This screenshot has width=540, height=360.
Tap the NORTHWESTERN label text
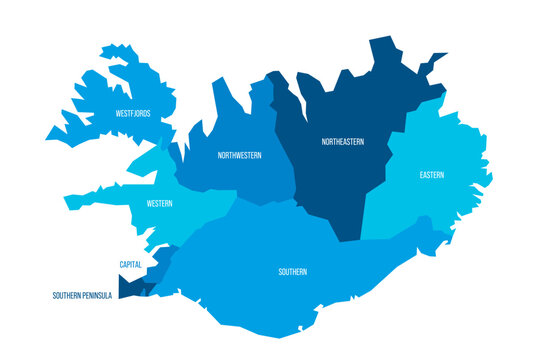[x=241, y=156]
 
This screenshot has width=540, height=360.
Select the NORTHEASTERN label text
[x=343, y=142]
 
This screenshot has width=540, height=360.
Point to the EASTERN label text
[x=432, y=175]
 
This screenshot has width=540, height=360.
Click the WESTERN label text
[x=159, y=204]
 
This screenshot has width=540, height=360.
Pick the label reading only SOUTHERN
[x=293, y=272]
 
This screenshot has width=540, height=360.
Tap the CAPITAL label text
[x=130, y=265]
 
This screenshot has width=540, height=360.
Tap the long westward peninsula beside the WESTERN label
[x=95, y=198]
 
